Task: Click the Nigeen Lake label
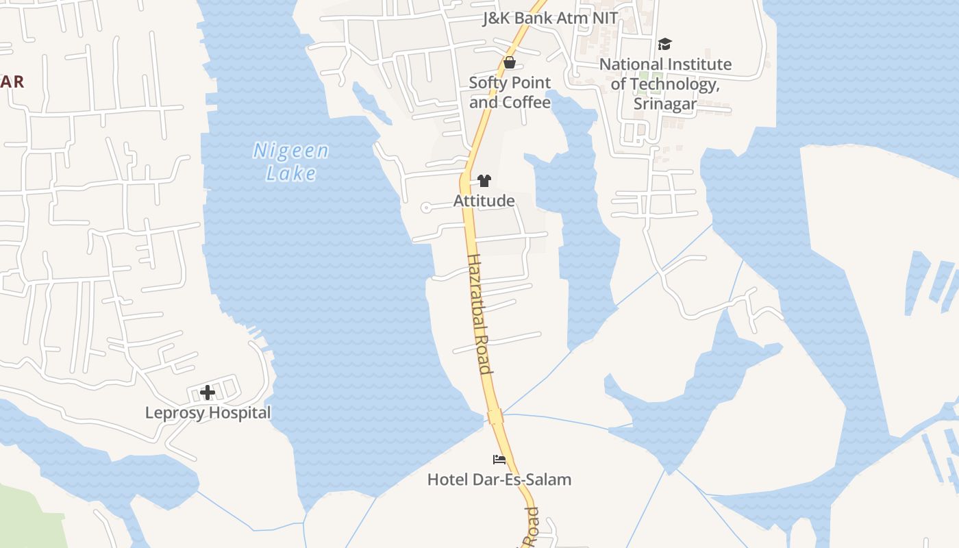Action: (291, 161)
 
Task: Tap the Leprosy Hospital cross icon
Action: (208, 393)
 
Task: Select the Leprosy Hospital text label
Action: (208, 413)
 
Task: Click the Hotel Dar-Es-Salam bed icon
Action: (499, 459)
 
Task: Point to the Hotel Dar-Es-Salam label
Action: (499, 480)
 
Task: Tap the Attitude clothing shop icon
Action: (484, 181)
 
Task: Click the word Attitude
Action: (484, 201)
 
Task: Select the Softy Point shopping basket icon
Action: (510, 62)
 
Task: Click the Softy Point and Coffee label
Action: (510, 92)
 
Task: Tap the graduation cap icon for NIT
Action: (664, 45)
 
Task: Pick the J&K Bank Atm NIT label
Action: (550, 18)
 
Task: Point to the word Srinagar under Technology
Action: (665, 104)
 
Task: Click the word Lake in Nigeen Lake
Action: (292, 173)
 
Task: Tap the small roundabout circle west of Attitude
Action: (426, 207)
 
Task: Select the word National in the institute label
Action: (634, 64)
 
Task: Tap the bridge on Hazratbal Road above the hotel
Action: (495, 416)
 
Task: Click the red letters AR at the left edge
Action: (12, 82)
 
